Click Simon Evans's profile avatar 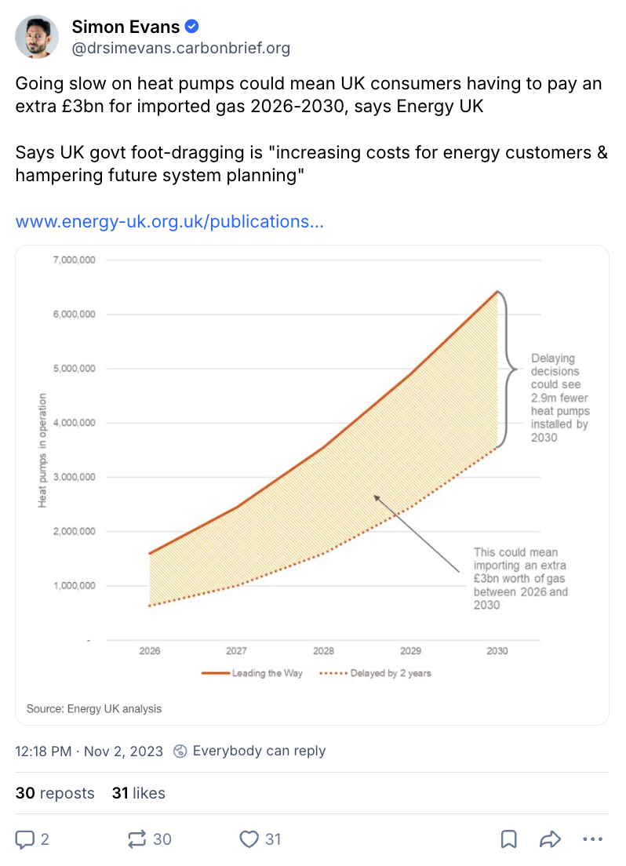pyautogui.click(x=37, y=37)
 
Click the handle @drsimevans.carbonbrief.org pyautogui.click(x=180, y=49)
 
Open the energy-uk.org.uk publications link pyautogui.click(x=169, y=221)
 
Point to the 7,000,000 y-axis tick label pyautogui.click(x=75, y=260)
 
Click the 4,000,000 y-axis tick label pyautogui.click(x=75, y=423)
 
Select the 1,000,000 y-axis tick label pyautogui.click(x=75, y=586)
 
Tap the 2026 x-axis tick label pyautogui.click(x=149, y=651)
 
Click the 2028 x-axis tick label pyautogui.click(x=323, y=651)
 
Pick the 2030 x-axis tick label pyautogui.click(x=497, y=651)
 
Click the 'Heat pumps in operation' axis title pyautogui.click(x=43, y=449)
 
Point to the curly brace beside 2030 pyautogui.click(x=508, y=369)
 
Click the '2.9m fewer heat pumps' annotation pyautogui.click(x=560, y=398)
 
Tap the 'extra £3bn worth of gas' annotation pyautogui.click(x=520, y=578)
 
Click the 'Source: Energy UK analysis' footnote pyautogui.click(x=94, y=708)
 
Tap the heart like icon pyautogui.click(x=249, y=839)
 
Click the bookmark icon pyautogui.click(x=508, y=839)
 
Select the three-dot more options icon pyautogui.click(x=592, y=839)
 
